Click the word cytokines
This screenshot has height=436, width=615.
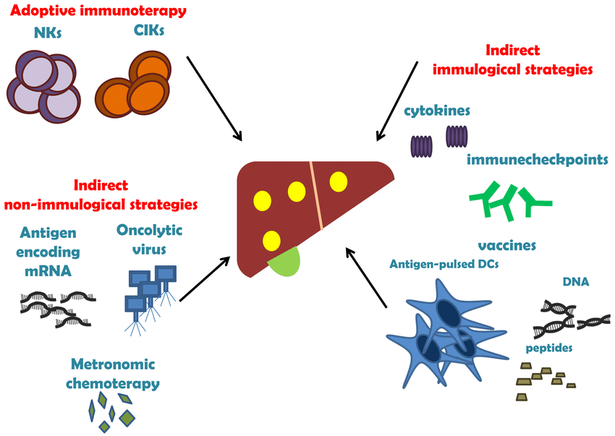click(x=438, y=111)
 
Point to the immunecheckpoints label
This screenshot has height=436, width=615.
click(x=537, y=160)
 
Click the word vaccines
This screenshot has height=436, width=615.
click(x=506, y=245)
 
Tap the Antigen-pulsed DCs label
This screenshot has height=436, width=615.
click(x=444, y=264)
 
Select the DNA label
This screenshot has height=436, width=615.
click(x=576, y=281)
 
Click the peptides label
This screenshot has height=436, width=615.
click(x=549, y=348)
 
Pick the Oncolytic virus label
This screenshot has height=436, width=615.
click(x=149, y=239)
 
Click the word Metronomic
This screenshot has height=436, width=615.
click(x=113, y=364)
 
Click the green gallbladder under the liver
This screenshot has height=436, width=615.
click(x=286, y=261)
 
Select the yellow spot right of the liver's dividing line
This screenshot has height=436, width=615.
click(x=338, y=181)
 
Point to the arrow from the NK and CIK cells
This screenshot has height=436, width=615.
click(x=214, y=97)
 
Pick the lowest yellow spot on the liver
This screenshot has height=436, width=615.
click(x=271, y=239)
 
